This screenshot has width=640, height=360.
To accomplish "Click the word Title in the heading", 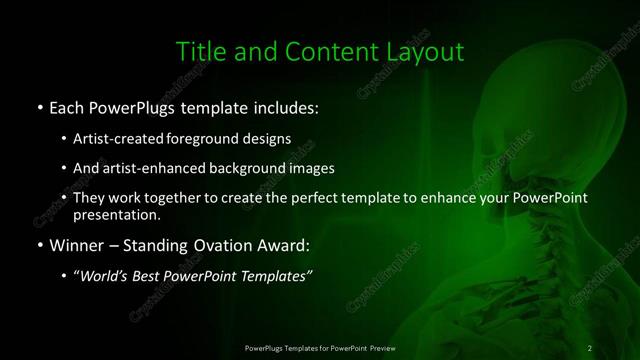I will click(x=199, y=51).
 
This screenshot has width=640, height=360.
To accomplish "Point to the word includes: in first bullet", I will click(x=289, y=106).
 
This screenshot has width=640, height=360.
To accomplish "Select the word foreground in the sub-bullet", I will click(x=205, y=138).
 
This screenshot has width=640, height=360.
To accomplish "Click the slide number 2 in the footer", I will click(x=590, y=348).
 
